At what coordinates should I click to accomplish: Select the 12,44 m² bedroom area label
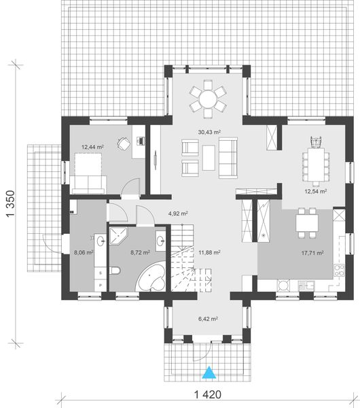point(92,146)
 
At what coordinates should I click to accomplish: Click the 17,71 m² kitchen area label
point(313,253)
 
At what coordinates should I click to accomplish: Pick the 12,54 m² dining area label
point(314,192)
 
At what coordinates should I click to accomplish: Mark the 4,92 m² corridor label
point(178,213)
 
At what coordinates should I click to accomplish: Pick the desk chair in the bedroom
point(124,143)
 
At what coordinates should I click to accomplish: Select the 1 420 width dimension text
point(210,394)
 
